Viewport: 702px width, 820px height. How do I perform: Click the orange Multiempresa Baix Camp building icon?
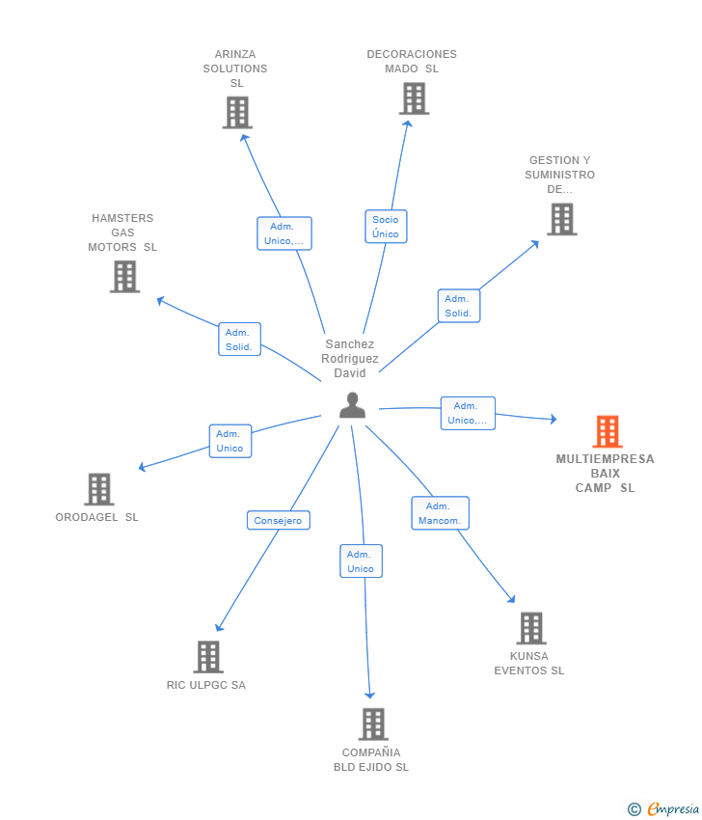click(607, 431)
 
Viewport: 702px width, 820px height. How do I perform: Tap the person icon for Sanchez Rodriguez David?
click(352, 405)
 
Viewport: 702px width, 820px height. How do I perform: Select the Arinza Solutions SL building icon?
click(236, 113)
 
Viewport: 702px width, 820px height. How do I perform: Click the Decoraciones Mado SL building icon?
click(413, 98)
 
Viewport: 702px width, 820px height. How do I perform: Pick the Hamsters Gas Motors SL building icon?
click(124, 277)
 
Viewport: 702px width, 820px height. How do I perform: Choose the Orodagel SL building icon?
click(98, 489)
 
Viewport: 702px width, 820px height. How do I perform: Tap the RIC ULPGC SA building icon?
click(207, 657)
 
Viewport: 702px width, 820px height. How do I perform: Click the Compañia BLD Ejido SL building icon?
click(372, 724)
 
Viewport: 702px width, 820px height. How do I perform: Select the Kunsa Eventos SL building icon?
click(530, 628)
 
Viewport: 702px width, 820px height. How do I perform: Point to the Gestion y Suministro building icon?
click(561, 219)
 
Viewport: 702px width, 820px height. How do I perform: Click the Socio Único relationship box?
click(385, 227)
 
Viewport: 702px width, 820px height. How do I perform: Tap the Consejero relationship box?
click(278, 520)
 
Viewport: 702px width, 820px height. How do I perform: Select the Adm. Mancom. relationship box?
click(440, 513)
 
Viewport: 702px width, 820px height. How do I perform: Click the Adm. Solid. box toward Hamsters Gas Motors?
click(239, 340)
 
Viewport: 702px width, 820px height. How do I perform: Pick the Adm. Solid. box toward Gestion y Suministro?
click(458, 306)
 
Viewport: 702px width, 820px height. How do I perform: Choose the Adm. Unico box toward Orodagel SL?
click(229, 441)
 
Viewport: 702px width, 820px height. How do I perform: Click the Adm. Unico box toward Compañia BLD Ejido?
click(361, 561)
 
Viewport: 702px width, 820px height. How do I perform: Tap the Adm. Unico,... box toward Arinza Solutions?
click(283, 233)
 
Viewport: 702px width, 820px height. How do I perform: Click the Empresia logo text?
click(672, 808)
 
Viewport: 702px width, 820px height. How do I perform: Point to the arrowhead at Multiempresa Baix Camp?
click(553, 419)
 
